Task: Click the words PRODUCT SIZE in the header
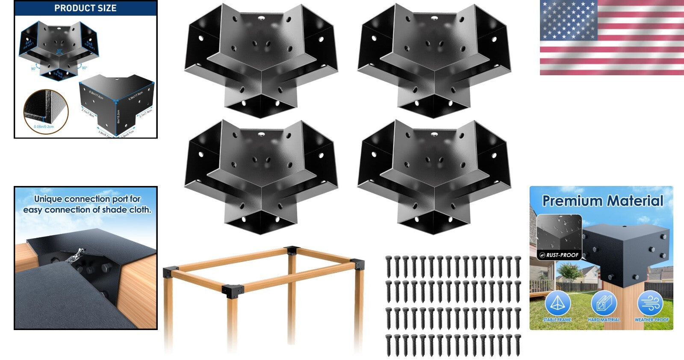(85, 8)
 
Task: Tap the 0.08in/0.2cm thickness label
(44, 127)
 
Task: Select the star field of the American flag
(568, 20)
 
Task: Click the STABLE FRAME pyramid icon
(557, 303)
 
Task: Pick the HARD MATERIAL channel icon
(604, 303)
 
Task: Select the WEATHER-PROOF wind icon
(650, 303)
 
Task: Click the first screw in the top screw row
(388, 266)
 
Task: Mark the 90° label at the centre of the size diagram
(59, 51)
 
